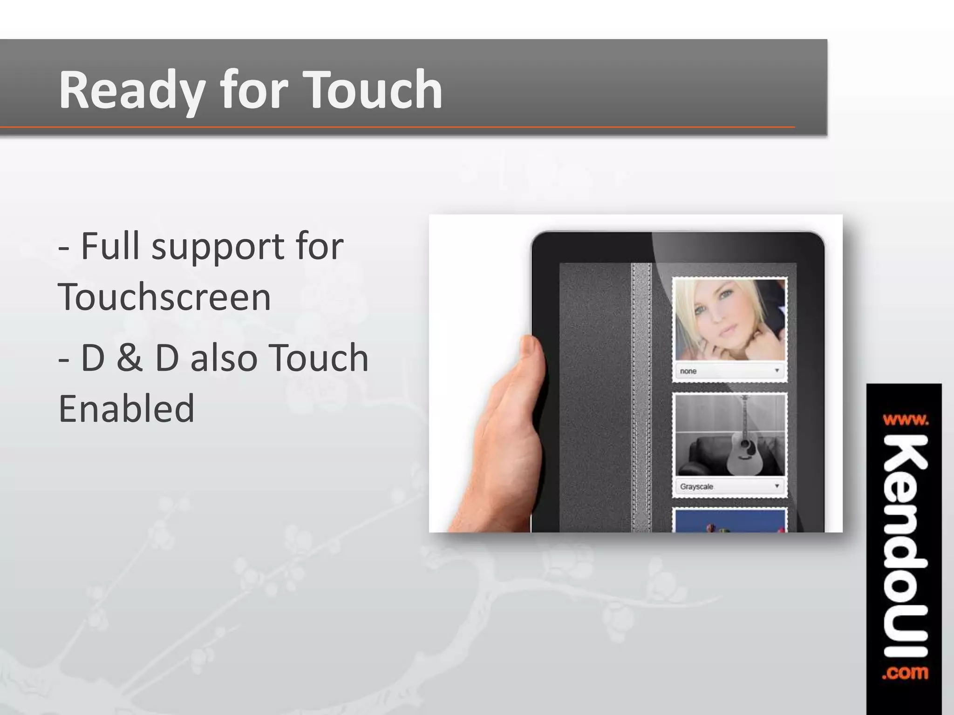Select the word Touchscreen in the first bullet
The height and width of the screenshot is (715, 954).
point(164,297)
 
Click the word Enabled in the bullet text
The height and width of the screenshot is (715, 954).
point(126,408)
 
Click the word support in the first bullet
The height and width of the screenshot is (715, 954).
point(218,247)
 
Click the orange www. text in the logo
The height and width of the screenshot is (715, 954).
point(905,420)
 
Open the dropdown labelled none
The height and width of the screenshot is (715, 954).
point(729,371)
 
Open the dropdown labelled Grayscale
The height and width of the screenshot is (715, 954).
point(729,486)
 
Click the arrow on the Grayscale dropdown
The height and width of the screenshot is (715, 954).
point(777,486)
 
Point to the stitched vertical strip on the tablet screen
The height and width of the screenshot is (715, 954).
point(641,396)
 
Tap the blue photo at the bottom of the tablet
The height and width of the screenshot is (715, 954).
point(729,521)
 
